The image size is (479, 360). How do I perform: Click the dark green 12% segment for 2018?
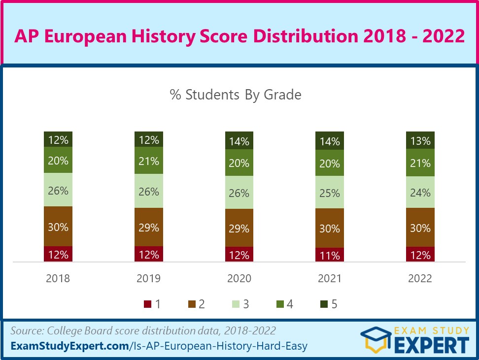58,139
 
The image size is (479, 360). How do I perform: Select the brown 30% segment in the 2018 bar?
58,227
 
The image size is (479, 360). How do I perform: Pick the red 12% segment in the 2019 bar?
149,254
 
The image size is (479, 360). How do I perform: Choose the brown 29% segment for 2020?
239,228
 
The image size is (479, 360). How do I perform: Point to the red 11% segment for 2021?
330,255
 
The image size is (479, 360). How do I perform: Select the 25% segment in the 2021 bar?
330,193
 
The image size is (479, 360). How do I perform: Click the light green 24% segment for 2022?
420,192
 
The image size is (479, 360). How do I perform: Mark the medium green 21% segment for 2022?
420,163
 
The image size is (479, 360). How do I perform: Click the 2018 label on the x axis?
58,278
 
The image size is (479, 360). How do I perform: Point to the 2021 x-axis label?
330,278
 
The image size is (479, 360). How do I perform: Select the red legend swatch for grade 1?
147,304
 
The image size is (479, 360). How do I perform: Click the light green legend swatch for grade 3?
235,304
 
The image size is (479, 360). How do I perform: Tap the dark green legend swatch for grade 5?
323,304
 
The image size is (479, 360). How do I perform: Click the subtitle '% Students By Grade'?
236,95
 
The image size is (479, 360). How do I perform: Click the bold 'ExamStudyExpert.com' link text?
69,346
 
